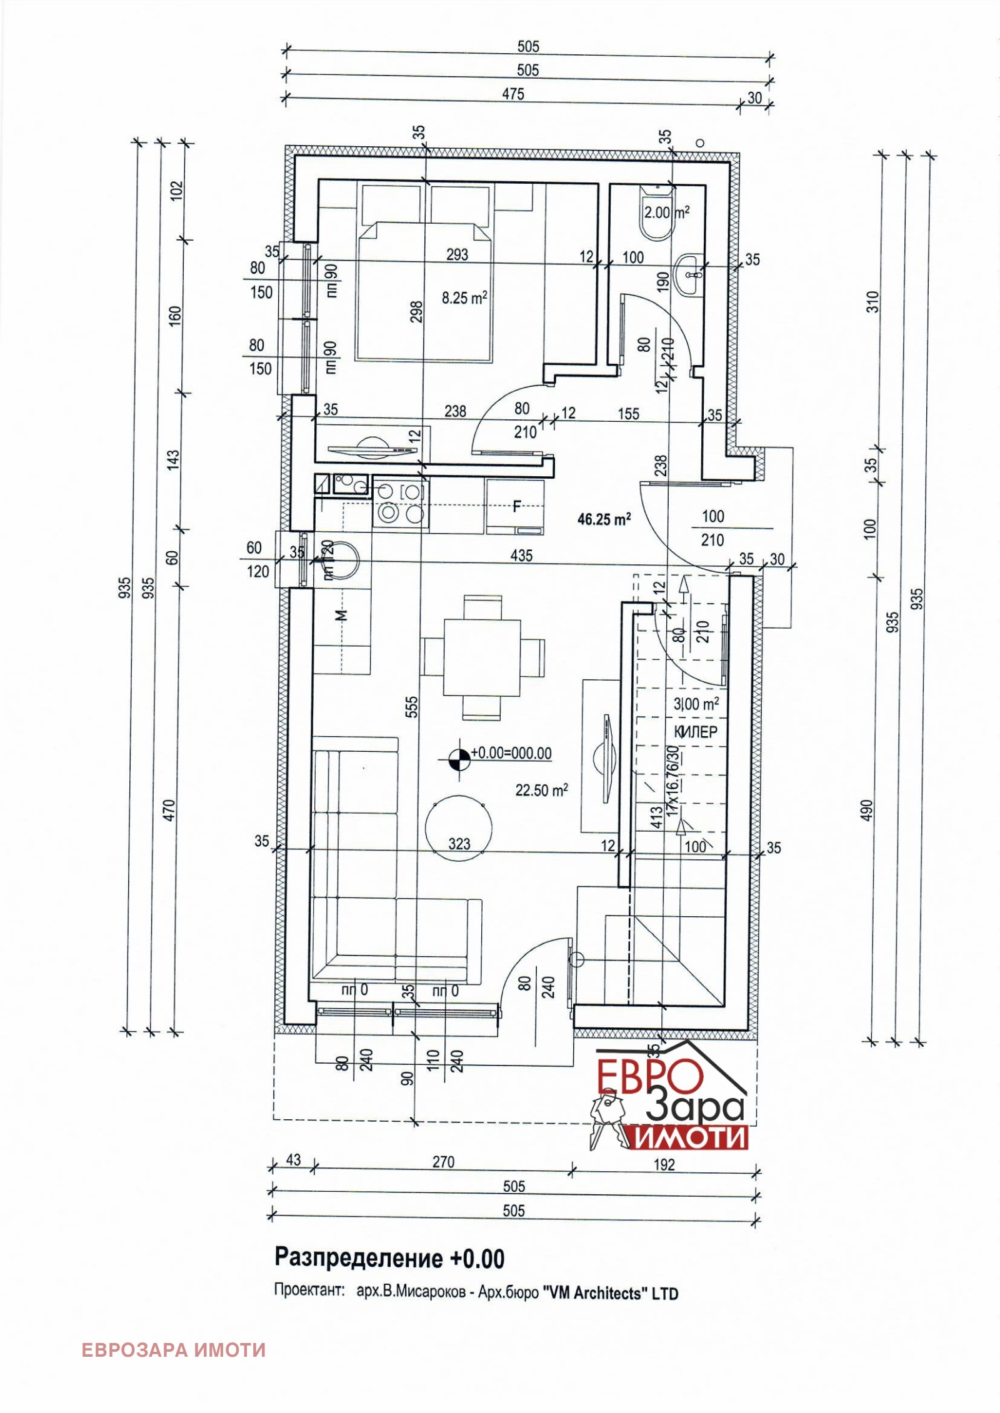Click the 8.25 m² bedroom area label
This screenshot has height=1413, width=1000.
[x=464, y=299]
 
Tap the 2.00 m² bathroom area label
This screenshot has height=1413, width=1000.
[x=666, y=212]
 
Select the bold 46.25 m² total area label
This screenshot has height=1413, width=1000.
[x=604, y=519]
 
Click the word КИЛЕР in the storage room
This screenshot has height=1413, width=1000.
[x=695, y=732]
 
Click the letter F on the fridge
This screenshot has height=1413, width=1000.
[x=516, y=507]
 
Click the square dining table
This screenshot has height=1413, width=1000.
[x=482, y=657]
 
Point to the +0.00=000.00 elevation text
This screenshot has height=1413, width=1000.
[x=511, y=753]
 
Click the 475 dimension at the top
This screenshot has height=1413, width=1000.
[x=512, y=94]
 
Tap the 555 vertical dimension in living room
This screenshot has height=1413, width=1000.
[x=412, y=709]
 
